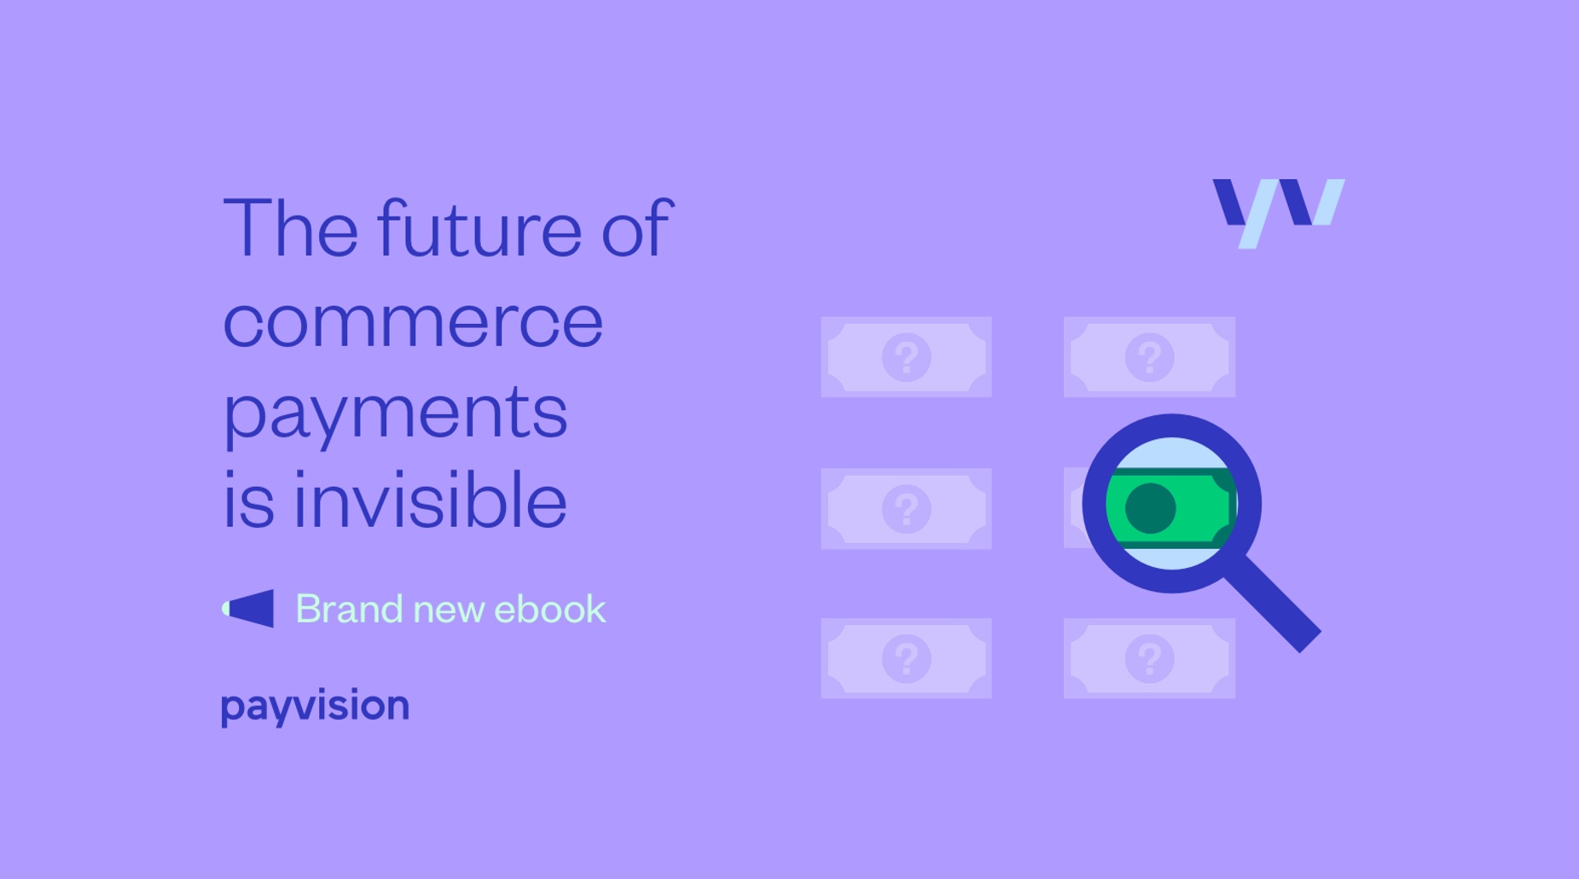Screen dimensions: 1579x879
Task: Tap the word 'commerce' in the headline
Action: coord(413,322)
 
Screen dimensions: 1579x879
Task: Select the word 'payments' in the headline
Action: coord(395,413)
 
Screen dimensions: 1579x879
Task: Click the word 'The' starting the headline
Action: coord(290,228)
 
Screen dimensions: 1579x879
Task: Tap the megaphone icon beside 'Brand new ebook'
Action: coord(247,609)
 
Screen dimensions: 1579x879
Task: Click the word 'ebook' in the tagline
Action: coord(550,609)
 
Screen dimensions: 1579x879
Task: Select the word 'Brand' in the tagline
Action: coord(349,609)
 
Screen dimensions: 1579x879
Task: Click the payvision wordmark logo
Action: coord(315,707)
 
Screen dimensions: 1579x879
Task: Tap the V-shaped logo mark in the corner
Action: coord(1278,211)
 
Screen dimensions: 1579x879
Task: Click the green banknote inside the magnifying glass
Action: coord(1171,507)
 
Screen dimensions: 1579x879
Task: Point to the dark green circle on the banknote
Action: coord(1151,508)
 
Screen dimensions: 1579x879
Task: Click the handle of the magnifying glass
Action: coord(1272,603)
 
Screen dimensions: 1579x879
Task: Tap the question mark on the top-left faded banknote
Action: coord(906,356)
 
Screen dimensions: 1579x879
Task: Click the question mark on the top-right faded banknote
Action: coord(1149,356)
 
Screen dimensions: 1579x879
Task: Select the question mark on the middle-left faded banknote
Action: coord(906,508)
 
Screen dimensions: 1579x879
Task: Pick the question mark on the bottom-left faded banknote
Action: coord(906,658)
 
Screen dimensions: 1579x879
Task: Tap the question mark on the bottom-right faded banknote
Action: coord(1149,658)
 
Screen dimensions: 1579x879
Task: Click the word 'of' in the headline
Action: coord(637,228)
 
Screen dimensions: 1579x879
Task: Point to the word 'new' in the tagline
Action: coord(449,610)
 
